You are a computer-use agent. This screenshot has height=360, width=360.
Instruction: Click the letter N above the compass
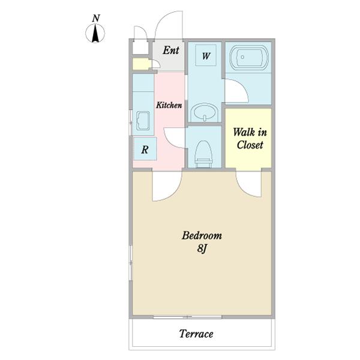[x=96, y=19]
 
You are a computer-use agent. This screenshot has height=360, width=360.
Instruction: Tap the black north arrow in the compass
[x=95, y=34]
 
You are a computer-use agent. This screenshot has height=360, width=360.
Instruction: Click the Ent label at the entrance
[x=171, y=50]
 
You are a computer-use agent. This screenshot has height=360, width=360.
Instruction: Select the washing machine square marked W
[x=206, y=55]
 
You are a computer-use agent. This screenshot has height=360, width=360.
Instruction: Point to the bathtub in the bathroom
[x=248, y=58]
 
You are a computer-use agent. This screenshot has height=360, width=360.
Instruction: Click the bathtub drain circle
[x=242, y=57]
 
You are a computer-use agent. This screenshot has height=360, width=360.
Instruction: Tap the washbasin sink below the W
[x=205, y=112]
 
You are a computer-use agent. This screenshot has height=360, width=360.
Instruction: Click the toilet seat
[x=203, y=151]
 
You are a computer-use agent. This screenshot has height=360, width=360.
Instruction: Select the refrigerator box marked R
[x=145, y=149]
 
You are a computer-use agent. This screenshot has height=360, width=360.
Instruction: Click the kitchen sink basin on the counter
[x=143, y=121]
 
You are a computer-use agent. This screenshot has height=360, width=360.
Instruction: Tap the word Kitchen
[x=169, y=105]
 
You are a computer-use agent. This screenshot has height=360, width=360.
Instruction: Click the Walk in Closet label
[x=250, y=139]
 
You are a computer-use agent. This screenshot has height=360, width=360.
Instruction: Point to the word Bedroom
[x=202, y=236]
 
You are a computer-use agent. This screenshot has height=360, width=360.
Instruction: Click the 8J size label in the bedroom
[x=202, y=248]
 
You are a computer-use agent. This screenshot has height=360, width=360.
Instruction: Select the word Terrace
[x=196, y=334]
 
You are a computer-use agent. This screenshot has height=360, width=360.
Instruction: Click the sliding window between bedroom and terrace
[x=188, y=317]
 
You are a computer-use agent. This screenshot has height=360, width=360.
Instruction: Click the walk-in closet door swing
[x=245, y=188]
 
